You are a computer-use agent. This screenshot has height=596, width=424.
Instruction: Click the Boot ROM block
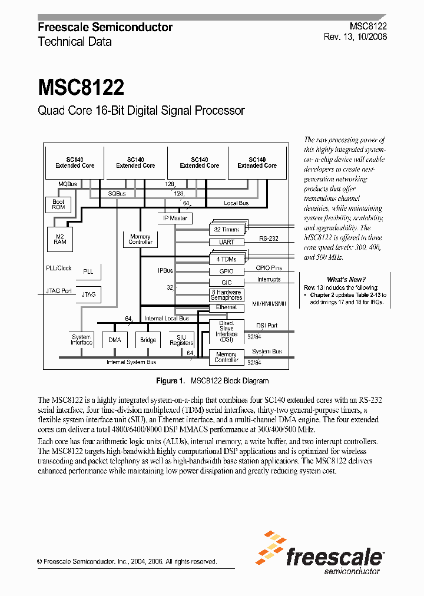click(58, 204)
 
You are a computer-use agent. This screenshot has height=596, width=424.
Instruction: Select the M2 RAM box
click(60, 238)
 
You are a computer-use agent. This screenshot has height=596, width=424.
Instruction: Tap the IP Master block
click(175, 218)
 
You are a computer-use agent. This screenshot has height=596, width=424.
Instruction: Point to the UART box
click(226, 242)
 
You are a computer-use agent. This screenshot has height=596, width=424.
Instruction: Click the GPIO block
click(226, 271)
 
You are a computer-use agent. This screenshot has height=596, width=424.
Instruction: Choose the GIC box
click(226, 283)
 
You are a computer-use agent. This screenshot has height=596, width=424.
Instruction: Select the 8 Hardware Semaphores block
click(226, 294)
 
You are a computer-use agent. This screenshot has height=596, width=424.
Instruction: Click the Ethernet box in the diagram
click(226, 307)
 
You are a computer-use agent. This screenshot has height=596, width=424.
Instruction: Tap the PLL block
click(88, 271)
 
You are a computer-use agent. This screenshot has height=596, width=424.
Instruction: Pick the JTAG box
click(88, 294)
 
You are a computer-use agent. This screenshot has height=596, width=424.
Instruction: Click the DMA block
click(115, 340)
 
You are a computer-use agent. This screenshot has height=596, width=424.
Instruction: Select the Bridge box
click(148, 340)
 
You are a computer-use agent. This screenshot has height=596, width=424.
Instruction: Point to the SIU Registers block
click(181, 340)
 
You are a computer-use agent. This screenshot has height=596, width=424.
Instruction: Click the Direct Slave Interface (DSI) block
click(226, 332)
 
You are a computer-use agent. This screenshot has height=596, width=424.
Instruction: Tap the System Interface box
click(81, 340)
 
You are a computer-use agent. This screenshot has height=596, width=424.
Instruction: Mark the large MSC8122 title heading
click(81, 88)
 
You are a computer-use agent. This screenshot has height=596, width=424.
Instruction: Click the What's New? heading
click(346, 280)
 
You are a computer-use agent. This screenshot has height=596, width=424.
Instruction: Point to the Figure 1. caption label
click(171, 380)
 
